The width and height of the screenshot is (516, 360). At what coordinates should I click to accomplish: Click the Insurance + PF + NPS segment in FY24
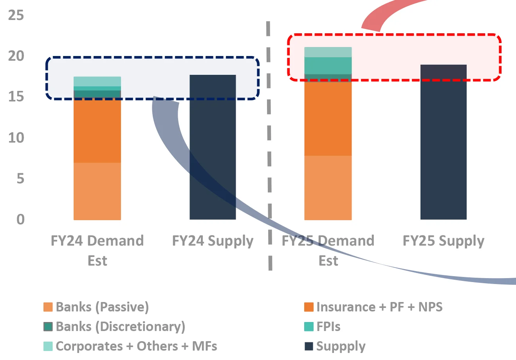97,129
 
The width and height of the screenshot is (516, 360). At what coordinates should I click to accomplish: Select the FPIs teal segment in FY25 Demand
328,65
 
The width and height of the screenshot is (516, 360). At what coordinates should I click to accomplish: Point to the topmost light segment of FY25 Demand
328,52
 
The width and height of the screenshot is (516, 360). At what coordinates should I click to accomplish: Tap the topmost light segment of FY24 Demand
97,81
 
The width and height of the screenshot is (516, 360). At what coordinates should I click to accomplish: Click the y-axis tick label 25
16,16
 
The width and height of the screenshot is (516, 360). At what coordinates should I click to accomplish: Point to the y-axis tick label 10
16,138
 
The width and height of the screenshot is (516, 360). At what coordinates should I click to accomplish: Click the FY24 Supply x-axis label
213,241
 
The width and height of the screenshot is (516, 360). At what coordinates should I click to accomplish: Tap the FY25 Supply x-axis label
443,241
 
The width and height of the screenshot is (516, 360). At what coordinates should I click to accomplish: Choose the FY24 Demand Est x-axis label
97,250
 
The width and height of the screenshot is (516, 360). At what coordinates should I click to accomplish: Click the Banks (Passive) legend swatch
48,307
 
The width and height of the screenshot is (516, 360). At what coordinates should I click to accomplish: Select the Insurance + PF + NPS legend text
379,307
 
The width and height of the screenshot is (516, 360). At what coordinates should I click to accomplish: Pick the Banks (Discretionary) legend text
120,327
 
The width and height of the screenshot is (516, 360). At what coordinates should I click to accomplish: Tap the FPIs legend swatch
309,327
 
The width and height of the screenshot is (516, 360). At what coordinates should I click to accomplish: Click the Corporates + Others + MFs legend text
136,346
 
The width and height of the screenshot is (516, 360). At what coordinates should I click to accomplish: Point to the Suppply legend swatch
309,346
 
